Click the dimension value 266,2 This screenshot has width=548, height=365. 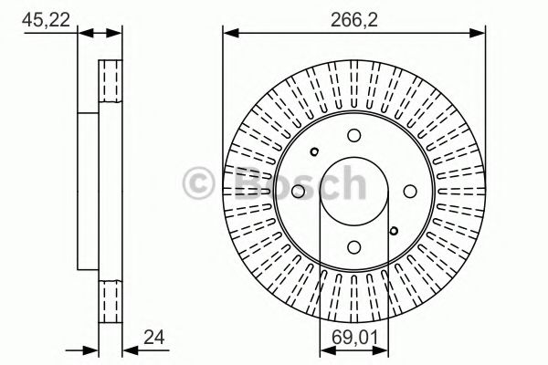pyautogui.click(x=353, y=15)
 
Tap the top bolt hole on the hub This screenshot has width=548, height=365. pyautogui.click(x=353, y=136)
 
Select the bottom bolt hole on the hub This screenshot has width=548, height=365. pyautogui.click(x=353, y=245)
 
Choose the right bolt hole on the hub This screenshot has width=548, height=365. pyautogui.click(x=407, y=191)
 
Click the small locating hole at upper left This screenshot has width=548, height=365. pyautogui.click(x=314, y=152)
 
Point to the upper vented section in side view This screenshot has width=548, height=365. pyautogui.click(x=111, y=83)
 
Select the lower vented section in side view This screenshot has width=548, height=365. pyautogui.click(x=111, y=301)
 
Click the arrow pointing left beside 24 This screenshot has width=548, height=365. pyautogui.click(x=129, y=347)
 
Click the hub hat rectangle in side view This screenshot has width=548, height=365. pyautogui.click(x=88, y=192)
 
